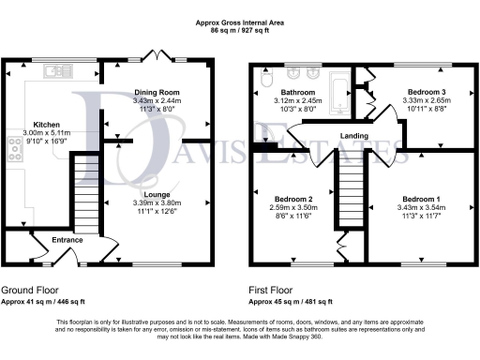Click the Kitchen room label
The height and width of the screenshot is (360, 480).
click(x=47, y=124)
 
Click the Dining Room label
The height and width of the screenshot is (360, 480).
click(x=156, y=92)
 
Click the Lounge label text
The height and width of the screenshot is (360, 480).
click(x=156, y=193)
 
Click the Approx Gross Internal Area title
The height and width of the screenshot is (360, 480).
click(x=240, y=22)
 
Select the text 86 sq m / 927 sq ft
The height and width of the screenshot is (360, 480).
click(x=240, y=31)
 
